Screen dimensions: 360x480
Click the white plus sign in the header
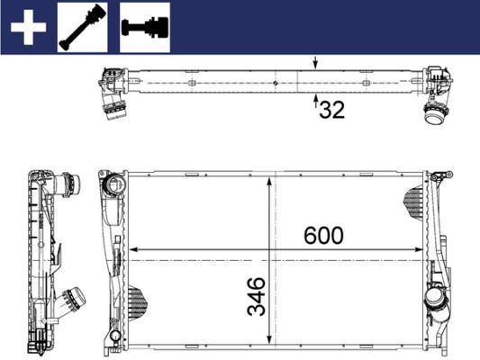coord(28,27)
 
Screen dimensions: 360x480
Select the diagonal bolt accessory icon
coord(82,27)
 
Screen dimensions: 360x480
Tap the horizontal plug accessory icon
coord(144,27)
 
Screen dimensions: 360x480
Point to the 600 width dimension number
coord(323,236)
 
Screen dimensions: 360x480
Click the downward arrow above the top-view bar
coord(314,64)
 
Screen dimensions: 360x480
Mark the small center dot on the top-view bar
coord(274,83)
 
